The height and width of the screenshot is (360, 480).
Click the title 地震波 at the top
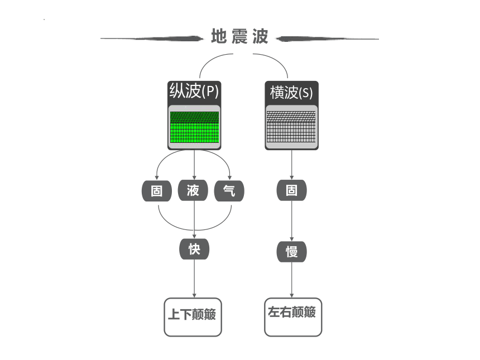[239, 36]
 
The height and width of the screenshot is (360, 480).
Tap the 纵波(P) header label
[194, 90]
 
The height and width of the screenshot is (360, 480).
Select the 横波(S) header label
[291, 92]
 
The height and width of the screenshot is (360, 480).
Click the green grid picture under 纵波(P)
[194, 127]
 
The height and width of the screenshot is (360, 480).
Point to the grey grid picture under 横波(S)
[291, 127]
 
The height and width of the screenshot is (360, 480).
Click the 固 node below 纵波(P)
[157, 191]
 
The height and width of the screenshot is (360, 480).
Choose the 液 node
[193, 190]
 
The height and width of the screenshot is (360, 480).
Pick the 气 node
[229, 191]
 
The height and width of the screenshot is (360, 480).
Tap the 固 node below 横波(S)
[292, 190]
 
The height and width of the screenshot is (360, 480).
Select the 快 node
[194, 249]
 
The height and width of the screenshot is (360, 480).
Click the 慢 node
[292, 252]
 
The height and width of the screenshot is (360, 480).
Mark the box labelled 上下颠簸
[193, 317]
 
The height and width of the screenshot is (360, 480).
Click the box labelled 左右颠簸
[293, 317]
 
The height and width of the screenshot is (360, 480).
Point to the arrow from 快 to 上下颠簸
[194, 279]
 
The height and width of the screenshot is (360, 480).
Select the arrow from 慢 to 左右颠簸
[292, 280]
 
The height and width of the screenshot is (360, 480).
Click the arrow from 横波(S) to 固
[292, 165]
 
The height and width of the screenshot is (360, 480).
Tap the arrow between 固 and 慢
[292, 221]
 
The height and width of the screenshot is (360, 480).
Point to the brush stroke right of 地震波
[327, 39]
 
